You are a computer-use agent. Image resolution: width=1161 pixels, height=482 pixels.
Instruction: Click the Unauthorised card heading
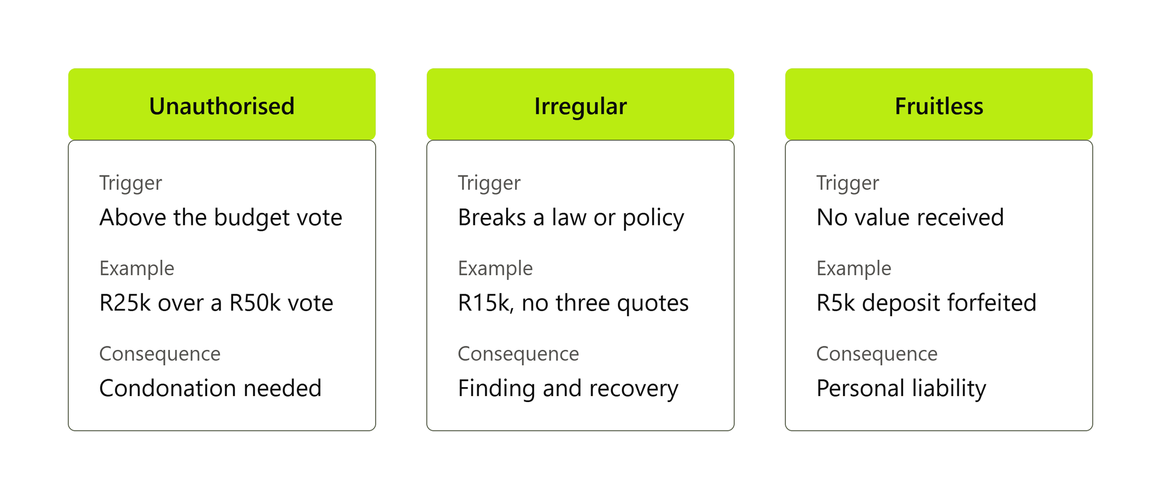click(222, 106)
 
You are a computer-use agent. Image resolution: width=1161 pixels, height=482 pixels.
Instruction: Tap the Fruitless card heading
click(939, 106)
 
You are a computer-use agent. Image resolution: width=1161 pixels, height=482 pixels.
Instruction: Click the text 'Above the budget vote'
click(221, 218)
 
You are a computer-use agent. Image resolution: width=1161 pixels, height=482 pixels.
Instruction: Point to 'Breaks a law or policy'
click(571, 218)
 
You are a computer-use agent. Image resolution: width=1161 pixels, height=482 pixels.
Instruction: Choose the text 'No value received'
click(910, 217)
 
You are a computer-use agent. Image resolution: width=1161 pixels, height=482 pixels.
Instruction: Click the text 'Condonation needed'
click(210, 388)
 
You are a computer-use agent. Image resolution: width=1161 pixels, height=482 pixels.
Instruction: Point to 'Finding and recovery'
click(568, 389)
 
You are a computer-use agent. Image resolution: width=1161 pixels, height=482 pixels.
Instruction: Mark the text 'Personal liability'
click(901, 389)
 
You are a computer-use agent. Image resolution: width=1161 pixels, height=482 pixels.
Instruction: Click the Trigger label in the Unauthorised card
click(131, 183)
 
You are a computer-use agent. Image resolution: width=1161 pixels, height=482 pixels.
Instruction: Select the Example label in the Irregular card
click(496, 269)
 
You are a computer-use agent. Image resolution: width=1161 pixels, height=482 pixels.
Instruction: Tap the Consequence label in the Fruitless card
click(877, 354)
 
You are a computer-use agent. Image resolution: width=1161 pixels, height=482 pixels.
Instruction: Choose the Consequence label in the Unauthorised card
click(160, 354)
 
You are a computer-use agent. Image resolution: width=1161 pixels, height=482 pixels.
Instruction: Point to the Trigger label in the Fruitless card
click(848, 183)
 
